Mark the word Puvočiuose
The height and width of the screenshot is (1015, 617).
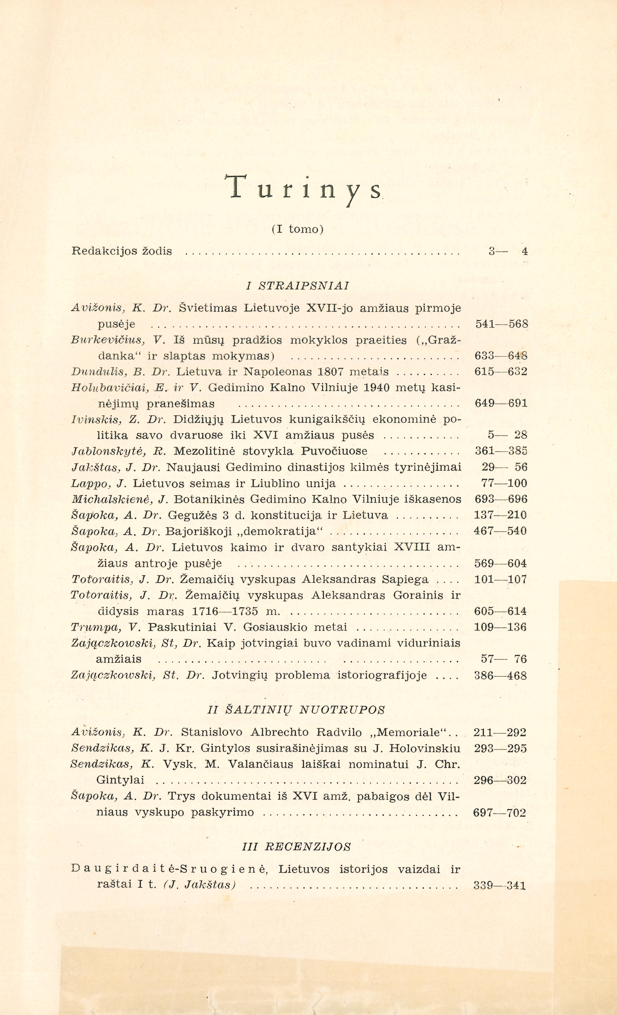(334, 451)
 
